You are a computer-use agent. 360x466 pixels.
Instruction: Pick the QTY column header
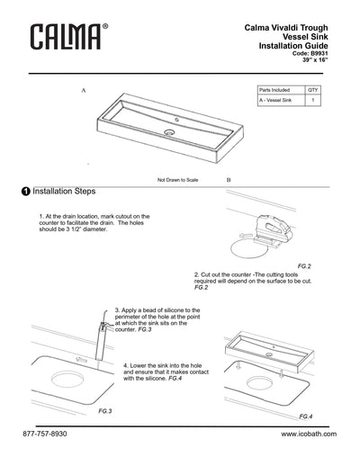pos(312,91)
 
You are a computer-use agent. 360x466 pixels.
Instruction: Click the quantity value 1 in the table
pos(312,103)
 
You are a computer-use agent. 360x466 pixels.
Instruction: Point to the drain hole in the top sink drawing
pos(168,132)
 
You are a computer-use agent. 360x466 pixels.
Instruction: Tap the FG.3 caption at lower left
pos(103,410)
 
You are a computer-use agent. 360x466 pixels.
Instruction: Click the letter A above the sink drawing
pos(84,92)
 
